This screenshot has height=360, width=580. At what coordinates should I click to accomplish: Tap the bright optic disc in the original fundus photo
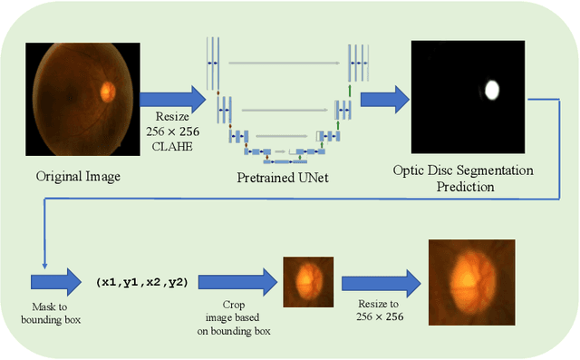pyautogui.click(x=108, y=91)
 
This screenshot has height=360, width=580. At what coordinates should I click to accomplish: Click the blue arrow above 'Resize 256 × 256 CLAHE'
pyautogui.click(x=172, y=97)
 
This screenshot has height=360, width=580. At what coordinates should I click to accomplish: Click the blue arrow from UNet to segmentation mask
pyautogui.click(x=386, y=92)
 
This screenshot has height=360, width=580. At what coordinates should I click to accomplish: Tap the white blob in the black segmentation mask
pyautogui.click(x=492, y=90)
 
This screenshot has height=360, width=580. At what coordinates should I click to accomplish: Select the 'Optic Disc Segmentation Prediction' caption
pyautogui.click(x=462, y=178)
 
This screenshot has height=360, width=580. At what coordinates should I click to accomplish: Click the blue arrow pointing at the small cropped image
pyautogui.click(x=237, y=280)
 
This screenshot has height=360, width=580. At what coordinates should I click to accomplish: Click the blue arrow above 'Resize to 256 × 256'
pyautogui.click(x=375, y=278)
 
